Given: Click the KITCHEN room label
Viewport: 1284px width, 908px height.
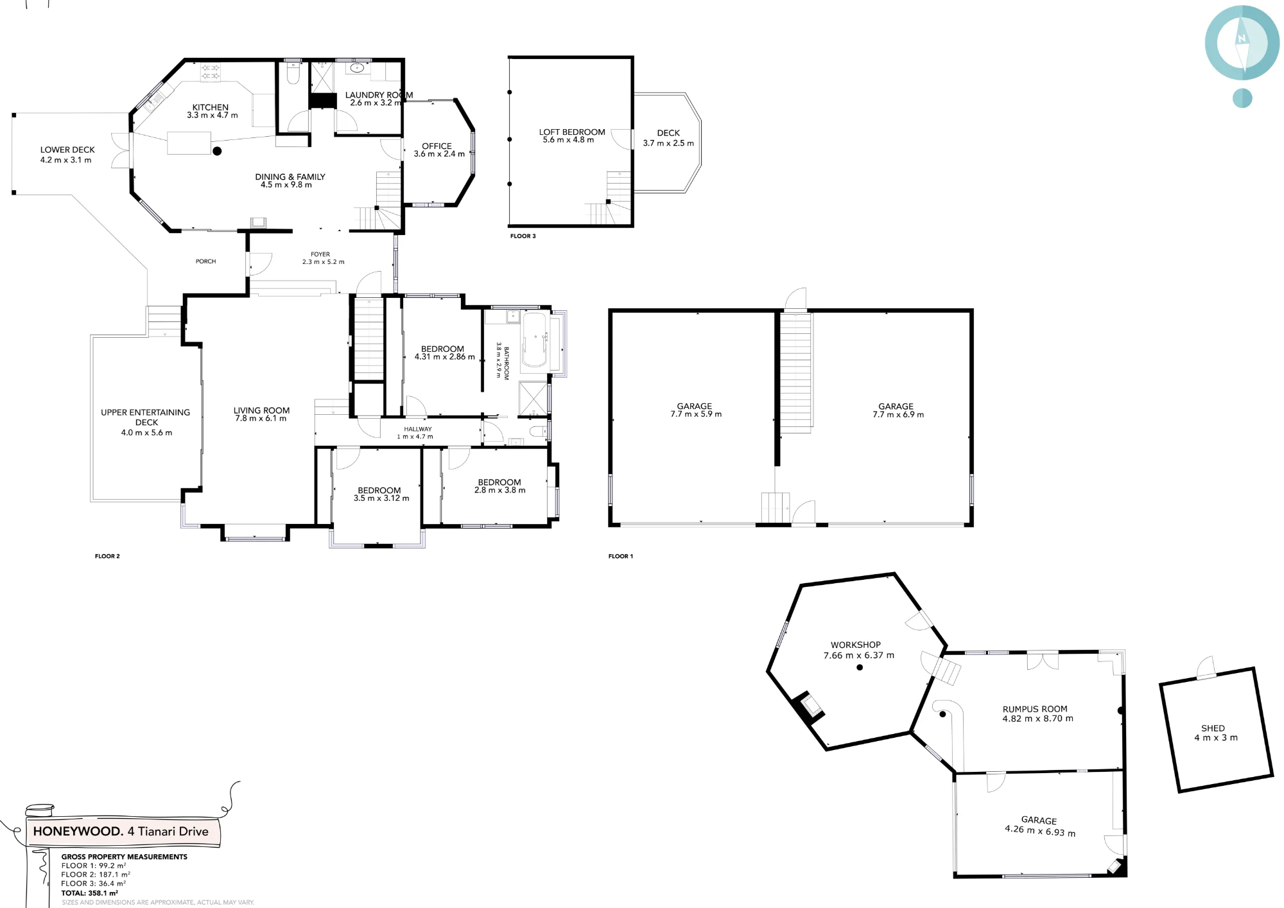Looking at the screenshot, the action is [x=211, y=107].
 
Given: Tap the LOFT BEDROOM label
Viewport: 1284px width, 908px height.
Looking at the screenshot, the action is [x=572, y=132].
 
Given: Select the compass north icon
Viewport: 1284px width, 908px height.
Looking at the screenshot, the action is [x=1242, y=42].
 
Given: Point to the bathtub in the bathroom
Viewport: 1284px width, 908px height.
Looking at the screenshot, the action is [x=534, y=340].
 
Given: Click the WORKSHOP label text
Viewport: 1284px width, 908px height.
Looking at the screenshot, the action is [x=856, y=645].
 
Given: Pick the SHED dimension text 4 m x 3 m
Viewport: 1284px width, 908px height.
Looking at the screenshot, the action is [x=1216, y=738].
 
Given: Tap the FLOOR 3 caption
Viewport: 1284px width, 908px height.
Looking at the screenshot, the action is [x=523, y=236].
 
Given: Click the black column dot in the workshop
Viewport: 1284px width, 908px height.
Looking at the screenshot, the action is [x=860, y=667].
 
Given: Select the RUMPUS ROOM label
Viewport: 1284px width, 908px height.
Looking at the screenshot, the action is [x=1035, y=709].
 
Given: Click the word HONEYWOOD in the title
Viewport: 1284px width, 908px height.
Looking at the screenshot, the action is [x=77, y=832].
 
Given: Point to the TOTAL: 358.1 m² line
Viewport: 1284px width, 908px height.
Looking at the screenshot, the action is [x=89, y=893].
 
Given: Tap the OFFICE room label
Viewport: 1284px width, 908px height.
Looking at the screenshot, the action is [x=437, y=146].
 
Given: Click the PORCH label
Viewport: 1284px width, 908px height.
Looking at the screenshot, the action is [x=205, y=261].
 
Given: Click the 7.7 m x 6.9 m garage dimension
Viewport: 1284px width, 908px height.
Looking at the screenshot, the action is [x=898, y=415].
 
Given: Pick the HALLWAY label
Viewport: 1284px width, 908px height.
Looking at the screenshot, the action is [x=418, y=429].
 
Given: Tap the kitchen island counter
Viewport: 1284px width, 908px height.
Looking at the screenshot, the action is [x=189, y=143].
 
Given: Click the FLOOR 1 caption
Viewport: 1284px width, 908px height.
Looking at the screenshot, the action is [x=621, y=556].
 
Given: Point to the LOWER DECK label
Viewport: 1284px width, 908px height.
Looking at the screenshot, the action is [x=67, y=150].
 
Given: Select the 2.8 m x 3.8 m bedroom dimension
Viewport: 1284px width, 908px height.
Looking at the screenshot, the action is [x=499, y=491].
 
